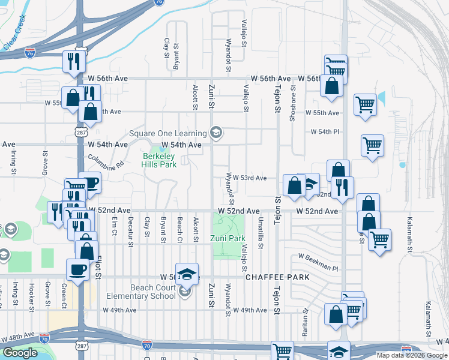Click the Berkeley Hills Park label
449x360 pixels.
click(x=159, y=160)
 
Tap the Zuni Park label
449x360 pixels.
click(x=228, y=238)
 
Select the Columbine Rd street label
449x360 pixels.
click(x=105, y=163)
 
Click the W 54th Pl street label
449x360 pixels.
click(x=325, y=131)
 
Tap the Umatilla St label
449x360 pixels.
click(x=261, y=229)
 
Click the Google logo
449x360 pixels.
click(x=20, y=352)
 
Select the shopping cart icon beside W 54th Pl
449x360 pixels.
click(x=372, y=145)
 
